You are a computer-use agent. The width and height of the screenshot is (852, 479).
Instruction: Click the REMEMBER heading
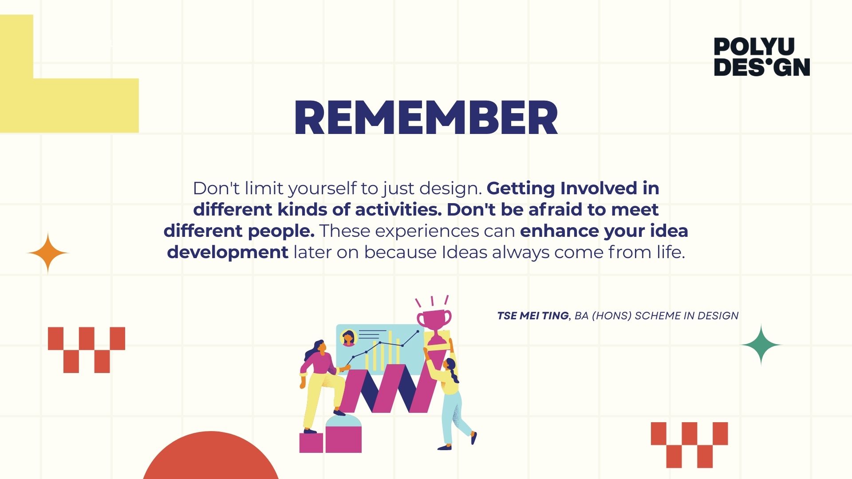(x=426, y=117)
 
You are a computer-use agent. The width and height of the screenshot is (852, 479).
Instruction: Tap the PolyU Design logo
(x=762, y=57)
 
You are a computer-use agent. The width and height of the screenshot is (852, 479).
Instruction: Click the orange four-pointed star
(x=48, y=253)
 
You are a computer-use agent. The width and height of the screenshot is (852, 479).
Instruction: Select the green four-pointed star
(x=761, y=345)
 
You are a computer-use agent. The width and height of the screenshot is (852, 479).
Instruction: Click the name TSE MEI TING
(x=532, y=316)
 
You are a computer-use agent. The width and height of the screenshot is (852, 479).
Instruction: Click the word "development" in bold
(x=228, y=253)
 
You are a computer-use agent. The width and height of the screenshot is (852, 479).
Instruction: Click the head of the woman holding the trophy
(x=450, y=365)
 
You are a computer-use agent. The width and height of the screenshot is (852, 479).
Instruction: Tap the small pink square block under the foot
(x=311, y=443)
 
